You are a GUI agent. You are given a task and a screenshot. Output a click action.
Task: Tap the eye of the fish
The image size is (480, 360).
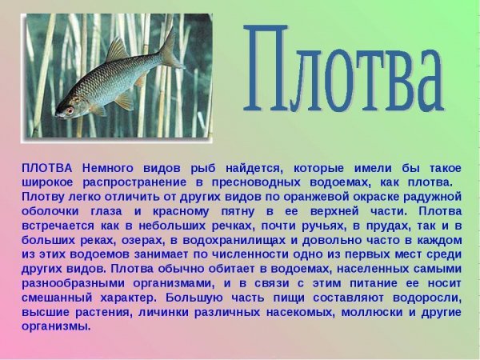tap(70, 110)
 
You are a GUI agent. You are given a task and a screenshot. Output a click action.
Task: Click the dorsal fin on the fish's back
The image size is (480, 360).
tap(117, 52)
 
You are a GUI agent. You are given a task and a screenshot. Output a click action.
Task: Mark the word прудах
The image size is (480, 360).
tap(369, 225)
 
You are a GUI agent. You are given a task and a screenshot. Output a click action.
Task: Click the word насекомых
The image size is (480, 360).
tap(301, 311)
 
